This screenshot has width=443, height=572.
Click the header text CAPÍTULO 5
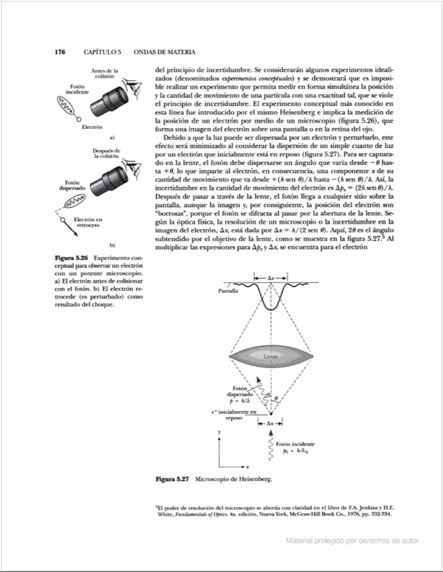(102, 52)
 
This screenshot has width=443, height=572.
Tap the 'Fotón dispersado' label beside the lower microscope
(72, 186)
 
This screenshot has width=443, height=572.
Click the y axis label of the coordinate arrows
(219, 433)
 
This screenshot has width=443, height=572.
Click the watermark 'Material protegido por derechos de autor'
(352, 540)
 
